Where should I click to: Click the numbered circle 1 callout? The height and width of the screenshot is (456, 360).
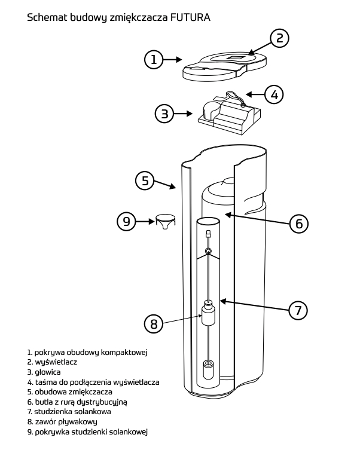[154, 59]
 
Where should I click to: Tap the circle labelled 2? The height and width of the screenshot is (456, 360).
[279, 38]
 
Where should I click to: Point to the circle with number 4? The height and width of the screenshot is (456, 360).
[274, 94]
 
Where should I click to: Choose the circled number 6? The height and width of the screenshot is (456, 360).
[298, 224]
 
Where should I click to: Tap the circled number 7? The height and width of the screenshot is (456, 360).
[298, 310]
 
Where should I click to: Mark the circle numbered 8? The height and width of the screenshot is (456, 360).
[154, 324]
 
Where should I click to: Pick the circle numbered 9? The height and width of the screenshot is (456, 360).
[126, 222]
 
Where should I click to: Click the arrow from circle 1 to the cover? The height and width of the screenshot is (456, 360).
[173, 59]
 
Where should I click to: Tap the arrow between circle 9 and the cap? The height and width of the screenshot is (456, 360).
[145, 222]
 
